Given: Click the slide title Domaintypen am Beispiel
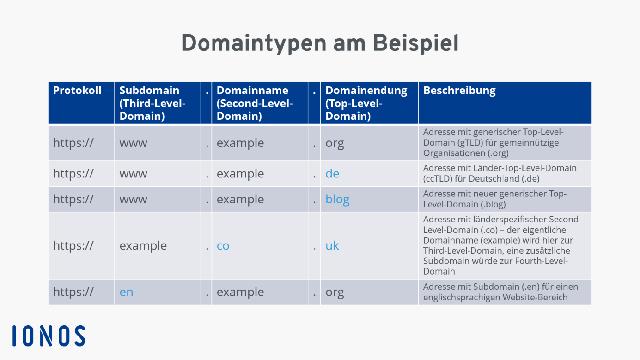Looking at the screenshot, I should click(320, 44).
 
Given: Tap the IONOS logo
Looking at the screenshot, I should click(48, 335).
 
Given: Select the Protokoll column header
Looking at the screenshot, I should click(77, 91).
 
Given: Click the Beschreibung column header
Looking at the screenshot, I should click(459, 91).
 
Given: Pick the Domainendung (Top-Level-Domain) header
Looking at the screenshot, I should click(365, 103).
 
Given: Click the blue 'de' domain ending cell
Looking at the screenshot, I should click(333, 173).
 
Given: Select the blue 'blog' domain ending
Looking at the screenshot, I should click(337, 199).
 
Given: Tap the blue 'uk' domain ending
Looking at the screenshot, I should click(332, 245).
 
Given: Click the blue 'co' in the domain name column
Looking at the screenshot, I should click(223, 245).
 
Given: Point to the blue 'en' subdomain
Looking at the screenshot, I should click(126, 292).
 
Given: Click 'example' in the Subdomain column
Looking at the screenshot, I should click(143, 245).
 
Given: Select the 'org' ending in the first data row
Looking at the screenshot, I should click(334, 142).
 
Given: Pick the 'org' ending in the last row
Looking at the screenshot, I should click(334, 292).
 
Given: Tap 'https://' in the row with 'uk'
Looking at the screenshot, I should click(73, 245).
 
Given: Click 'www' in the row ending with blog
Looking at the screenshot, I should click(134, 199).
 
